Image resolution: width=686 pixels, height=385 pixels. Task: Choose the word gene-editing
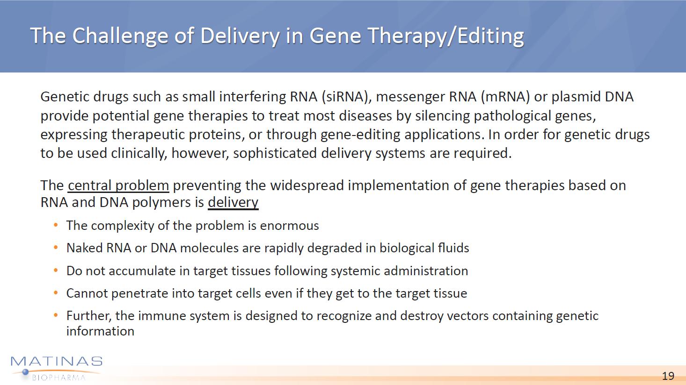point(360,135)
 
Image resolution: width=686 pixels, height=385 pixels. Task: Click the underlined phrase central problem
point(118,186)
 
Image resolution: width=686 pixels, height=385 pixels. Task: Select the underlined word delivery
point(233,203)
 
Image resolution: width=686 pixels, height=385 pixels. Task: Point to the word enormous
point(289,226)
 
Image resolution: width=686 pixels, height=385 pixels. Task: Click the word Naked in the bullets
point(85,248)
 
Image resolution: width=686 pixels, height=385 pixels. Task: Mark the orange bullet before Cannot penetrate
point(55,293)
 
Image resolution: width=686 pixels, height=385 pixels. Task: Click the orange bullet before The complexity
point(55,225)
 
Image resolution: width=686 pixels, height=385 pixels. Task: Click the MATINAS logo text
point(57,362)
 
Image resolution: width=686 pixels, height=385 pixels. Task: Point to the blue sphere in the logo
point(26,372)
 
